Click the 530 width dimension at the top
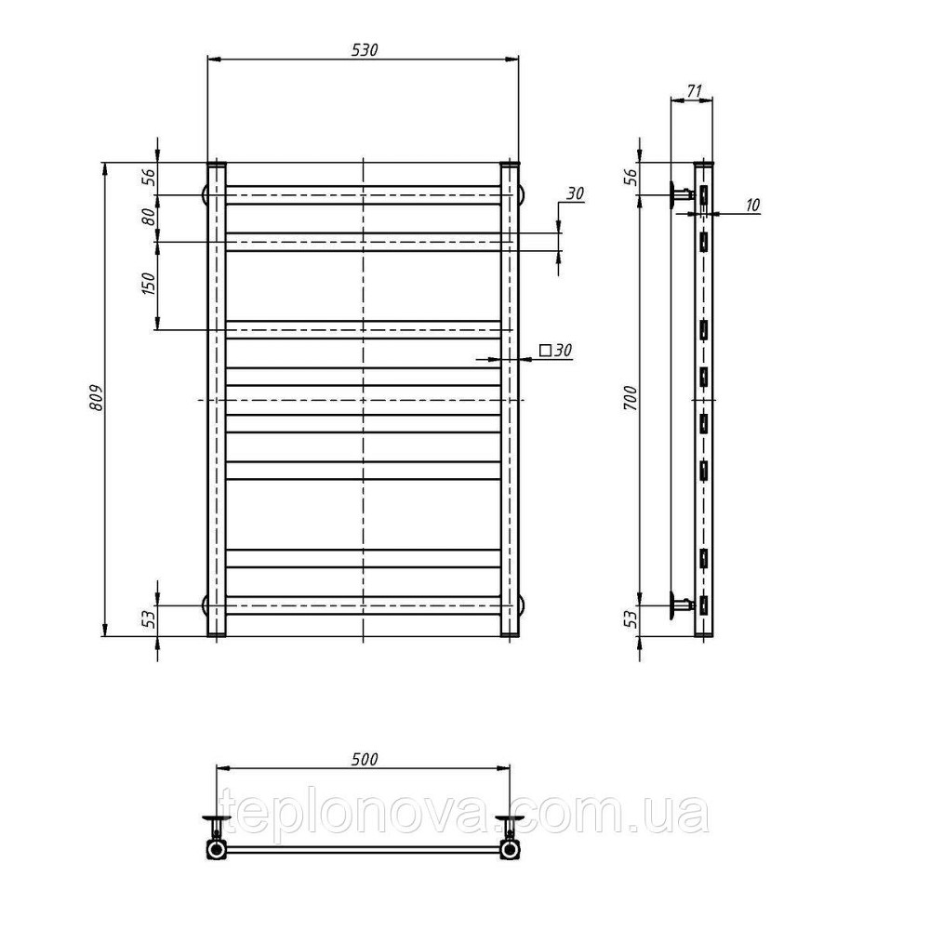point(365,50)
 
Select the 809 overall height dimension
point(96,398)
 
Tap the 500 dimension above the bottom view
point(364,759)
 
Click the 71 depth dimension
point(694,91)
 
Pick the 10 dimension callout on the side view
point(751,206)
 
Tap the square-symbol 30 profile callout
point(556,351)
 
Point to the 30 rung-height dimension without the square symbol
point(575,193)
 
